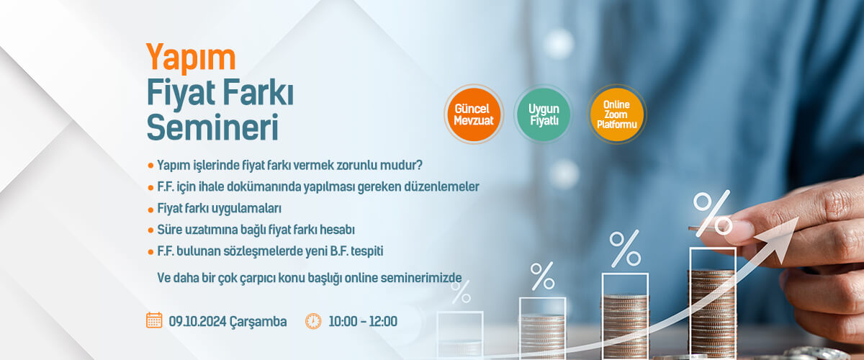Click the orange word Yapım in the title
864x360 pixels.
(191, 58)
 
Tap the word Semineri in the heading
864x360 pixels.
(212, 127)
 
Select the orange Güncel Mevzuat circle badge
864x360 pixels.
(474, 114)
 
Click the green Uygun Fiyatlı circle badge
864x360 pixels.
(544, 114)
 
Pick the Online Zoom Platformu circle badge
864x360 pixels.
(617, 114)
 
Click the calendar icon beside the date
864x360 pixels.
(154, 320)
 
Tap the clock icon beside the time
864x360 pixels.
(313, 321)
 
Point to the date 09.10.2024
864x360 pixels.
(197, 321)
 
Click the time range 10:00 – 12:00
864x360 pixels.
(363, 321)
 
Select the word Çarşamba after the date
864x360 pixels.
(258, 322)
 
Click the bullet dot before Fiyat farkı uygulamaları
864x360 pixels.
(150, 210)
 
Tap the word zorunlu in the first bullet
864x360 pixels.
(356, 165)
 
